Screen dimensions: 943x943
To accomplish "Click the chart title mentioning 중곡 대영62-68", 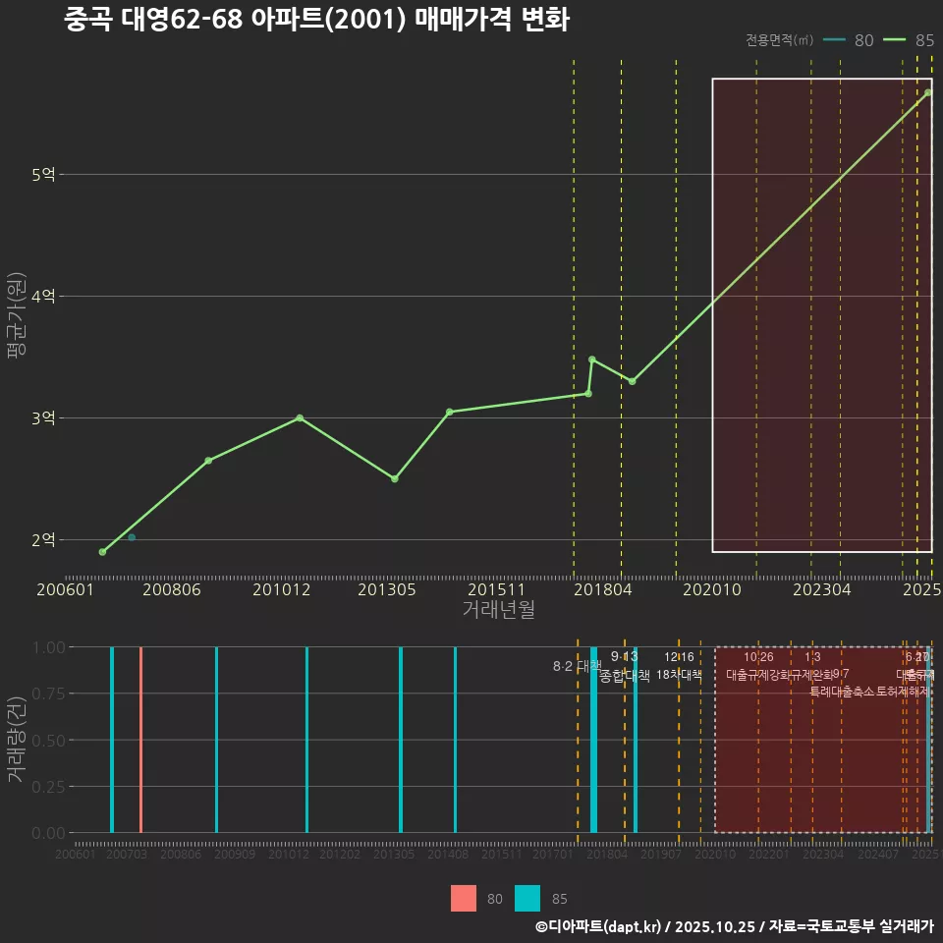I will coord(316,20).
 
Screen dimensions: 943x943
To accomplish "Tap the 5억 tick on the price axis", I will coord(43,175).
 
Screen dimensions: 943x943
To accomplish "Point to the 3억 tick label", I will coord(43,418).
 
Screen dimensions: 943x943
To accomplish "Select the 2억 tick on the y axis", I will coord(43,540).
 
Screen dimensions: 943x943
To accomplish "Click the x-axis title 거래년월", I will coord(498,610).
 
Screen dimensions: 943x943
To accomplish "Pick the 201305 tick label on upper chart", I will coord(386,590).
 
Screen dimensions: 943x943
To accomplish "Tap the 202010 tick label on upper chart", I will coord(711,590).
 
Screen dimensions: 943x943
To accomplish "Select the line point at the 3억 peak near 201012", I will coord(300,417).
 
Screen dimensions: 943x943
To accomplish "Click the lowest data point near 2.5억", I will coord(394,478).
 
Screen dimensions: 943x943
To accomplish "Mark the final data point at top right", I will coord(927,92).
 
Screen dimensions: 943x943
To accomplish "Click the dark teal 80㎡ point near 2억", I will coord(132,537).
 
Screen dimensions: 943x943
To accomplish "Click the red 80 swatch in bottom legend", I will coord(464,898).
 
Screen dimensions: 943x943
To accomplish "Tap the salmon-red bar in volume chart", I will coord(140,739).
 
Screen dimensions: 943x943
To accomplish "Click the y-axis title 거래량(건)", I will coord(17,740).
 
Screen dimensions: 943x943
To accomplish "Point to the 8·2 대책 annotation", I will coord(577,667).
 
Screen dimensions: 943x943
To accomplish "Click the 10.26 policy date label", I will coord(758,657).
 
